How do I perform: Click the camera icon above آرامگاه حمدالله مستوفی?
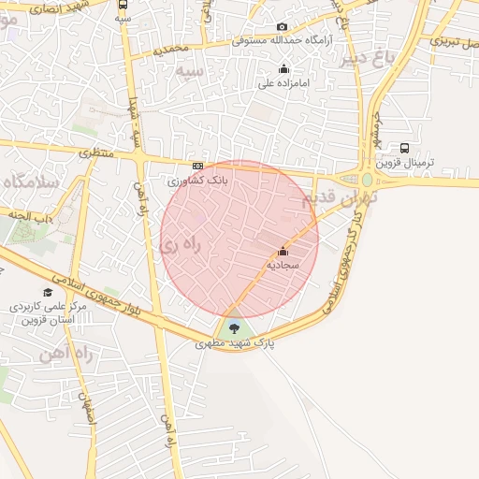[283, 28]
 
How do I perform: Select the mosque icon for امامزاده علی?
[284, 68]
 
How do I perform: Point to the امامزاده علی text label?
[284, 83]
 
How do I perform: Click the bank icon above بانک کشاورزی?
[196, 166]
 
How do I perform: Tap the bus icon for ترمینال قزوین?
[404, 148]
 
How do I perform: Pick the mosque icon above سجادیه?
[283, 251]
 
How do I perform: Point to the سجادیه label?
[283, 265]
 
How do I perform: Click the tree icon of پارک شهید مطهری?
[234, 327]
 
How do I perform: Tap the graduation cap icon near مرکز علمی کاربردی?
[49, 292]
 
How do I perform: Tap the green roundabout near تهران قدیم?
[367, 179]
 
